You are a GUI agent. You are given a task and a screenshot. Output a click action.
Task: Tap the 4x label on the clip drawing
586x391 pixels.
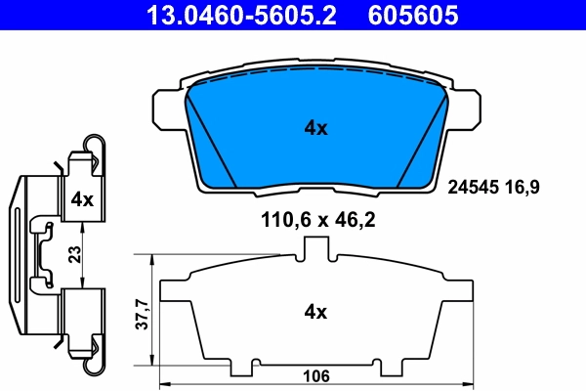tap(82, 199)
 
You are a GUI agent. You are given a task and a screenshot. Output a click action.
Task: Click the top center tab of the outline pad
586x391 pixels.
tap(314, 250)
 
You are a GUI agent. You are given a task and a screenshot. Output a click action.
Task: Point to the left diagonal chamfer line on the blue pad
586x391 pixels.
tap(212, 137)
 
